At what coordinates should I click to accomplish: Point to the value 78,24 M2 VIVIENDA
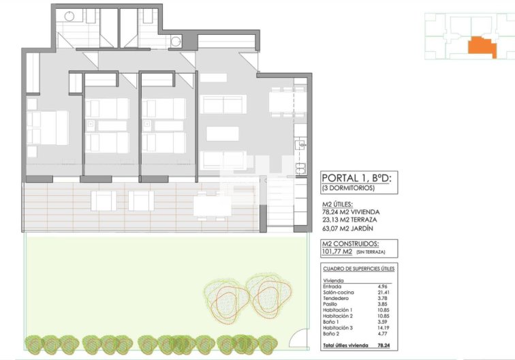(351, 212)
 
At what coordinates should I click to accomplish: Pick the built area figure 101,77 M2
(337, 252)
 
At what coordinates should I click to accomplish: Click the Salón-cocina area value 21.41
(382, 292)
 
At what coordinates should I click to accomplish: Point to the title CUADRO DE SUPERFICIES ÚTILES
(358, 269)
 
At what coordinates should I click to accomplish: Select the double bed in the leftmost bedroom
(48, 127)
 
